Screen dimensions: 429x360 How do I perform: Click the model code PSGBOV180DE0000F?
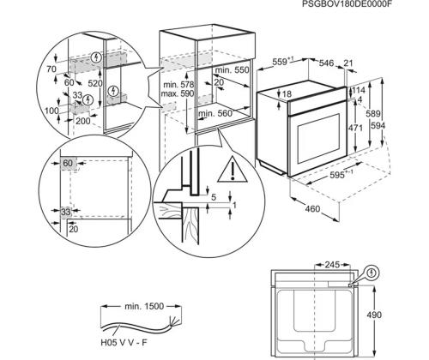click(342, 3)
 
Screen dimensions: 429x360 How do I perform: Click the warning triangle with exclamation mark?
click(233, 170)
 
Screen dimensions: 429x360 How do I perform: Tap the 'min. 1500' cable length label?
click(144, 306)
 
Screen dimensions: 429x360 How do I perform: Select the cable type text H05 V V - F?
click(124, 342)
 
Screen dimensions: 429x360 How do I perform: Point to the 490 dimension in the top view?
click(374, 315)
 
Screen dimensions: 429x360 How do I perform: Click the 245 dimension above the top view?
click(332, 265)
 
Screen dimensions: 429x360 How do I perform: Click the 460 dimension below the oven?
click(312, 209)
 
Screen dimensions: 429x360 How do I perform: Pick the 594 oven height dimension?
click(378, 125)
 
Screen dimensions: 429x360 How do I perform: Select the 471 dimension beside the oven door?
click(355, 128)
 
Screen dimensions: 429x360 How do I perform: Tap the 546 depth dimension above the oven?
click(326, 63)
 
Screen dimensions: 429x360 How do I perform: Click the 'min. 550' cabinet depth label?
click(232, 69)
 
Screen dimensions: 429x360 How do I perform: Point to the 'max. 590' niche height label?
click(178, 93)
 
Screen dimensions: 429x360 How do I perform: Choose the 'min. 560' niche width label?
click(215, 113)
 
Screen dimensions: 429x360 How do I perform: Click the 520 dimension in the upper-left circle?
click(95, 83)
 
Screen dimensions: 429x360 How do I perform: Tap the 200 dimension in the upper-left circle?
click(83, 121)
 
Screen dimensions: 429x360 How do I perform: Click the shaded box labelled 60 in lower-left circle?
click(68, 164)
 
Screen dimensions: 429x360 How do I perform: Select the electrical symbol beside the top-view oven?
click(372, 273)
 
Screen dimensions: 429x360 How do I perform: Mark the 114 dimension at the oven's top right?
click(359, 90)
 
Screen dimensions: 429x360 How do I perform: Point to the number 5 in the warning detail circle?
click(214, 197)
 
